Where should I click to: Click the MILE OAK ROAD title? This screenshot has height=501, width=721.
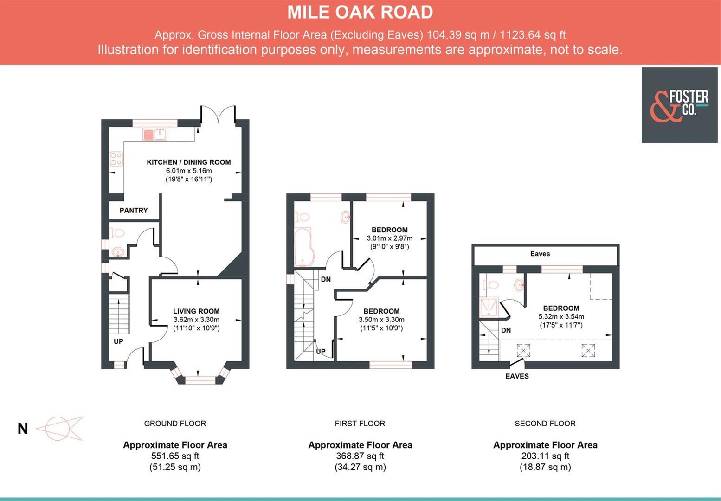coord(360,13)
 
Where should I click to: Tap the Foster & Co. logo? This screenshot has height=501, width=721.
coord(679,105)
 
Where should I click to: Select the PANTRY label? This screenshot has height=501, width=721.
coord(134,211)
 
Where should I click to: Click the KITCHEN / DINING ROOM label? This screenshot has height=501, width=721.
coord(188,162)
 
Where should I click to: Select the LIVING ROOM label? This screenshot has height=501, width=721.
coord(196,311)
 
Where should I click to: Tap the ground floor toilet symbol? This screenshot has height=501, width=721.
coord(116,233)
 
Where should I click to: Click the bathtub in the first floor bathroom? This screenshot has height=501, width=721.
coord(303,248)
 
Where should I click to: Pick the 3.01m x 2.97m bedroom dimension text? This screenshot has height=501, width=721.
coord(389,238)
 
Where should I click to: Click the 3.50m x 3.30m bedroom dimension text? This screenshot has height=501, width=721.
coord(381,320)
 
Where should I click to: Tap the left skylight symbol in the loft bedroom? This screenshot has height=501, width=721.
coord(523,350)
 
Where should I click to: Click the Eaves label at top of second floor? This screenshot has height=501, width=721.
coord(540,254)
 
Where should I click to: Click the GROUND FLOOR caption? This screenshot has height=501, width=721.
coord(175,424)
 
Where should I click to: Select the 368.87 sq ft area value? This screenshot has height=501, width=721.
coord(360,456)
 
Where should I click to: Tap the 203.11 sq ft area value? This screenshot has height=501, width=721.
coord(545,456)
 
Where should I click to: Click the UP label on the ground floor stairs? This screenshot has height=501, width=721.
coord(118,341)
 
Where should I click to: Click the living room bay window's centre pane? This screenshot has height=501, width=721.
coord(200,381)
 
